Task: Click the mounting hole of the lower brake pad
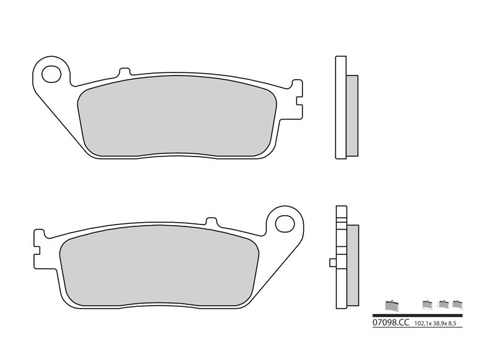(285, 223)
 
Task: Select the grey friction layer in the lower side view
(353, 264)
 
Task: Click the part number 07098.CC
(391, 323)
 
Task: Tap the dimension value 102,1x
(424, 324)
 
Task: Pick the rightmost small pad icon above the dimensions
(458, 304)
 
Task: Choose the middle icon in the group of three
(443, 304)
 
